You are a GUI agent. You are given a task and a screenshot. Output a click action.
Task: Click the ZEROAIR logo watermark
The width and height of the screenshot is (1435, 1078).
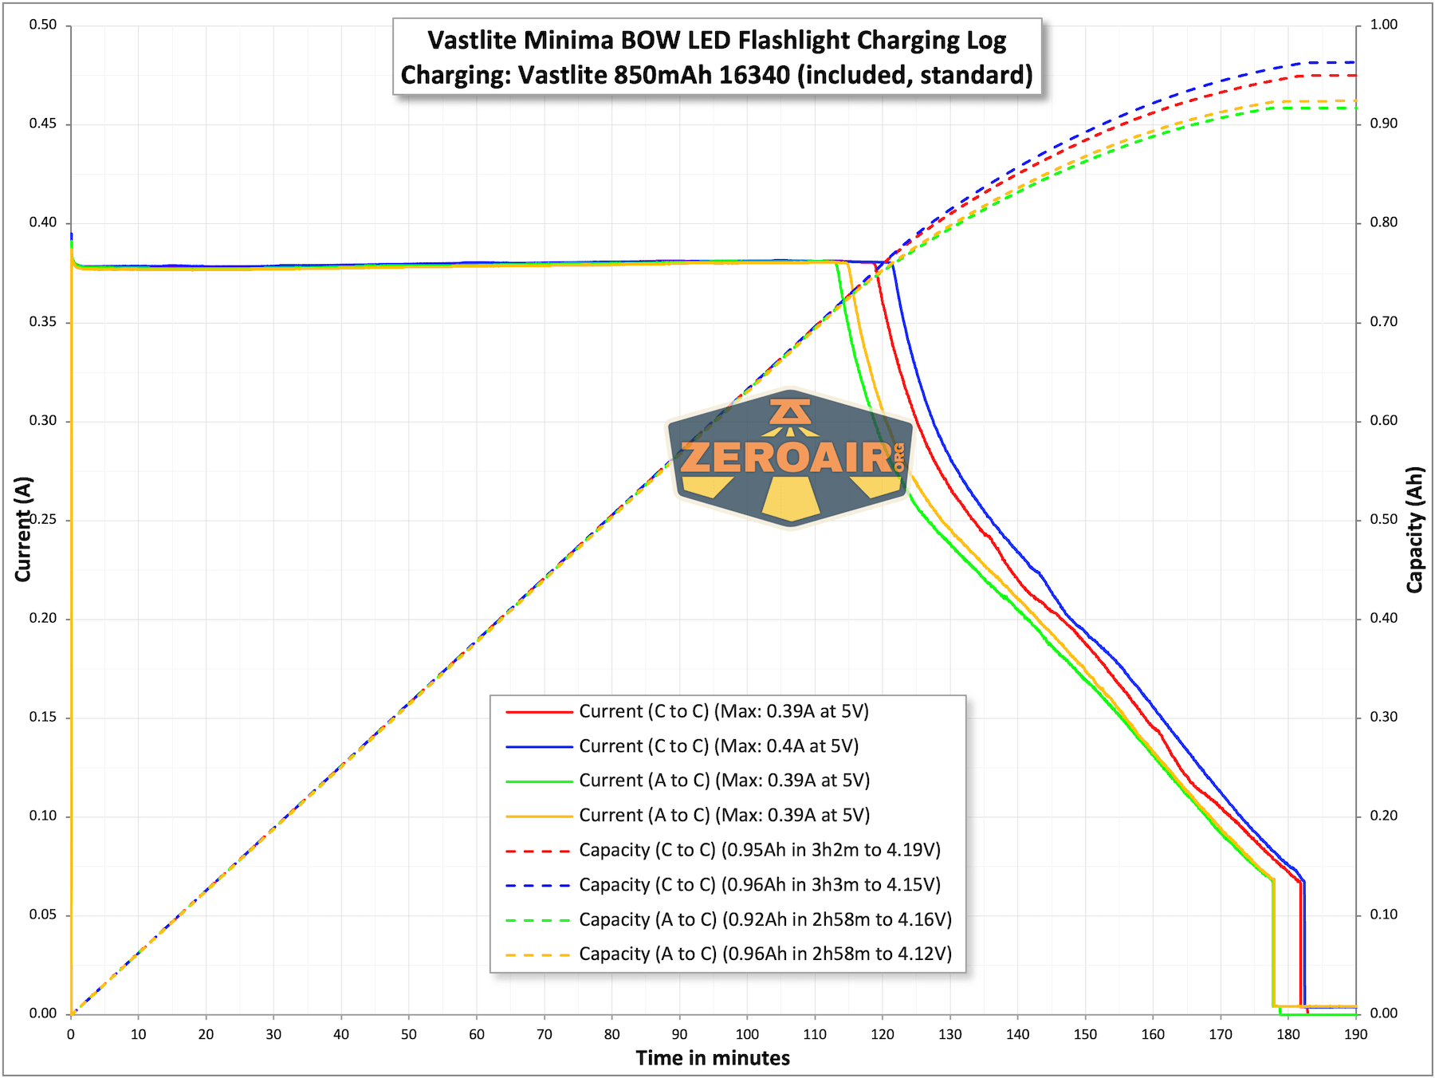click(790, 458)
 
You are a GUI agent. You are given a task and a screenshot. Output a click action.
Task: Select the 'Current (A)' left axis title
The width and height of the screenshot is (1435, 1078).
click(23, 529)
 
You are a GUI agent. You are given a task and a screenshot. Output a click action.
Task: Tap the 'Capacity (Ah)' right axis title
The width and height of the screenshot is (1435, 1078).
click(1414, 529)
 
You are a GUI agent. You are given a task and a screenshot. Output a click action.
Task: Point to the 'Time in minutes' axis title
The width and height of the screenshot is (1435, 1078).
click(713, 1058)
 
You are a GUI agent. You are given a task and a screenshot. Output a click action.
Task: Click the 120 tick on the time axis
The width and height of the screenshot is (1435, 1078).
click(883, 1034)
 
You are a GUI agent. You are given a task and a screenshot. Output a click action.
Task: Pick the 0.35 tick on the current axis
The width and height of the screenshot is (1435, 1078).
click(43, 322)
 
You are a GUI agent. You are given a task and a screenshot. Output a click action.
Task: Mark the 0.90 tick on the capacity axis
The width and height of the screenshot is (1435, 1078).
click(1383, 124)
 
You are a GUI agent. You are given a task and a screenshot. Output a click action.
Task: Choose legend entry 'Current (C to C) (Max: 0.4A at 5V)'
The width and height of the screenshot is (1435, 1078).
click(718, 746)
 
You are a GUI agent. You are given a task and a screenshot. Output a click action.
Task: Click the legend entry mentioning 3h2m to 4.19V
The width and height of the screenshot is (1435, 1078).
click(760, 850)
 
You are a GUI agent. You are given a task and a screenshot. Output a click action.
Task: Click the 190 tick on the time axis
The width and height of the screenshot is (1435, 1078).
click(1355, 1034)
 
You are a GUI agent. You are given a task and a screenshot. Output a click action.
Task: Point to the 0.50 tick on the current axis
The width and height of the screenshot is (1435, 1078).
click(43, 25)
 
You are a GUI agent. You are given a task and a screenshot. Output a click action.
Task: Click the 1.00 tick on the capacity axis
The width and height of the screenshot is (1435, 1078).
click(1383, 25)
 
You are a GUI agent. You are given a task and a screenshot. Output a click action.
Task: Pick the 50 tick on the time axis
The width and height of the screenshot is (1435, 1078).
click(409, 1034)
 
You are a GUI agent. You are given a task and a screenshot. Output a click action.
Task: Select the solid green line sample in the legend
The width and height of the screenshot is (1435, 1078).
click(539, 781)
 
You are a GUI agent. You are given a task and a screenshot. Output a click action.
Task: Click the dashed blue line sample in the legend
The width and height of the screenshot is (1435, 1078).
click(539, 885)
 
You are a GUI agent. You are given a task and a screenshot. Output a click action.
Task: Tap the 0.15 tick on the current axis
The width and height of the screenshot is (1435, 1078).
click(43, 717)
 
